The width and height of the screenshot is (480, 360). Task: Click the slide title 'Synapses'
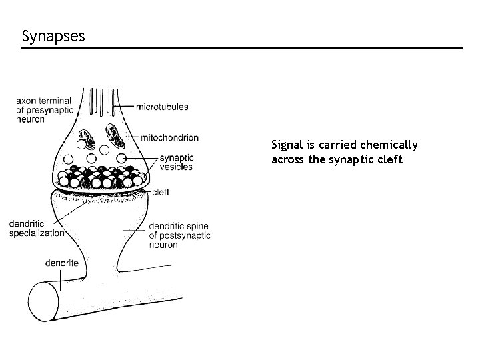pyautogui.click(x=53, y=35)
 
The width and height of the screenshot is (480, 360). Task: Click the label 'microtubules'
pyautogui.click(x=162, y=107)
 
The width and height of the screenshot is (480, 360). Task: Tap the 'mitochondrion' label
pyautogui.click(x=169, y=138)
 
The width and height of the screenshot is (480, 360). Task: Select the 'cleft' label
pyautogui.click(x=161, y=192)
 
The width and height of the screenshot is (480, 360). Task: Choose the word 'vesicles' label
pyautogui.click(x=176, y=167)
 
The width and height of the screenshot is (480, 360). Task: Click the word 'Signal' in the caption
pyautogui.click(x=285, y=145)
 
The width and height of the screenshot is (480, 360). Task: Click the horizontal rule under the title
pyautogui.click(x=240, y=48)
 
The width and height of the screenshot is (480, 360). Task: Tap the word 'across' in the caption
pyautogui.click(x=287, y=160)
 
